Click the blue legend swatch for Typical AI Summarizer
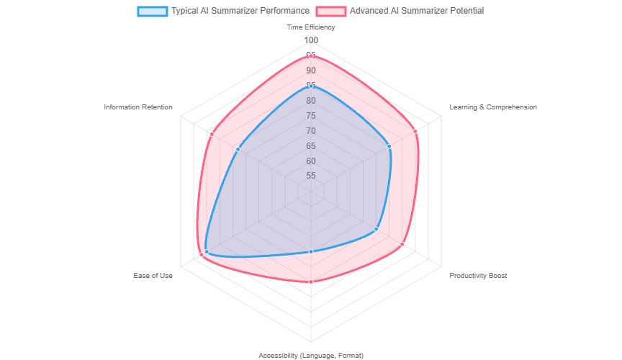point(152,12)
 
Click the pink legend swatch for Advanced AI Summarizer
point(330,12)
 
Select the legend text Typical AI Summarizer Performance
point(240,12)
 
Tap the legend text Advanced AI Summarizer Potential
point(417,12)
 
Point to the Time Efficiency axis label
point(311,27)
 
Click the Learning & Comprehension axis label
point(492,107)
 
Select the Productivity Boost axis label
point(477,276)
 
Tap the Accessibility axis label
point(311,355)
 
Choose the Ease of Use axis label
point(153,276)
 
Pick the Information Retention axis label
point(138,107)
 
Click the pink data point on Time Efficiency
point(311,55)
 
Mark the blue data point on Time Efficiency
point(311,86)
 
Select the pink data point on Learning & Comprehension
point(415,131)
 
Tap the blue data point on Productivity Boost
point(376,229)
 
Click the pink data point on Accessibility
point(311,282)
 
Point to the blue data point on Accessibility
point(311,251)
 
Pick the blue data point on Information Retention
point(238,149)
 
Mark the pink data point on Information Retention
point(212,134)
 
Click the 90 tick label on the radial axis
point(311,71)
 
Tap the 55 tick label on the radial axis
point(311,176)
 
